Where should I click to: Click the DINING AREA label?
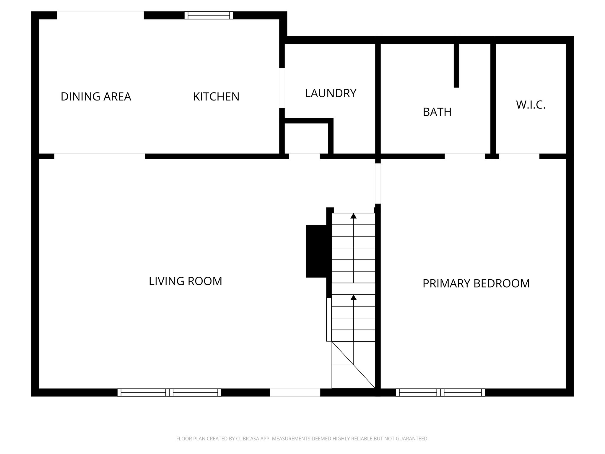96,97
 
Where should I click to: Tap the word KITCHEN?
216,97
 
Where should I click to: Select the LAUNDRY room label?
331,93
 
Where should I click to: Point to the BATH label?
437,112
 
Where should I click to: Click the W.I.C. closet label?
531,105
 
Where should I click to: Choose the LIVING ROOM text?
185,281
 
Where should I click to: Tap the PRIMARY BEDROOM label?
476,283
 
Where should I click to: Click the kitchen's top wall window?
209,15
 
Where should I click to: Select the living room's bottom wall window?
169,393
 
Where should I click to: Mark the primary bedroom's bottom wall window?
440,393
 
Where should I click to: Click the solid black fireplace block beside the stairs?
316,251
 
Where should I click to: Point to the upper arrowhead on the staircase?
353,216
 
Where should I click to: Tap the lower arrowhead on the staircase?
353,297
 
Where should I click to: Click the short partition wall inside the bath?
456,65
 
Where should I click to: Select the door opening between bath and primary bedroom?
465,156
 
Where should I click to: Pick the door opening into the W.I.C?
519,156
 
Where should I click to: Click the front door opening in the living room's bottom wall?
295,393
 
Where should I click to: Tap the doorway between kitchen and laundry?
282,88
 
